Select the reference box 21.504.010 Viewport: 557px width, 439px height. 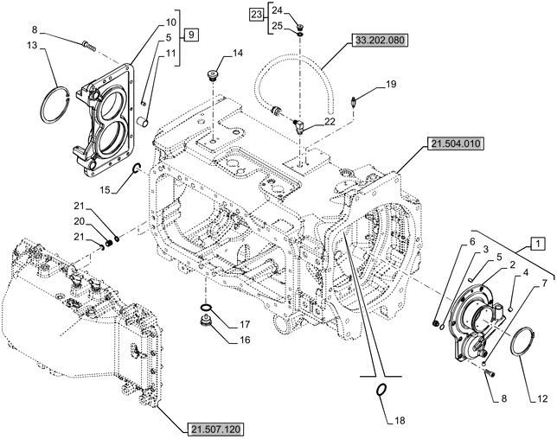click(453, 144)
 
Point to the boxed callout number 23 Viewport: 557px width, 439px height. click(255, 14)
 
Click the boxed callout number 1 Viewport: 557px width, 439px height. click(537, 243)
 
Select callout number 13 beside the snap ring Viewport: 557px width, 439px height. click(32, 45)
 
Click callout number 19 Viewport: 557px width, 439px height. click(390, 84)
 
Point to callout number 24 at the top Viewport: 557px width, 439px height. click(277, 9)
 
